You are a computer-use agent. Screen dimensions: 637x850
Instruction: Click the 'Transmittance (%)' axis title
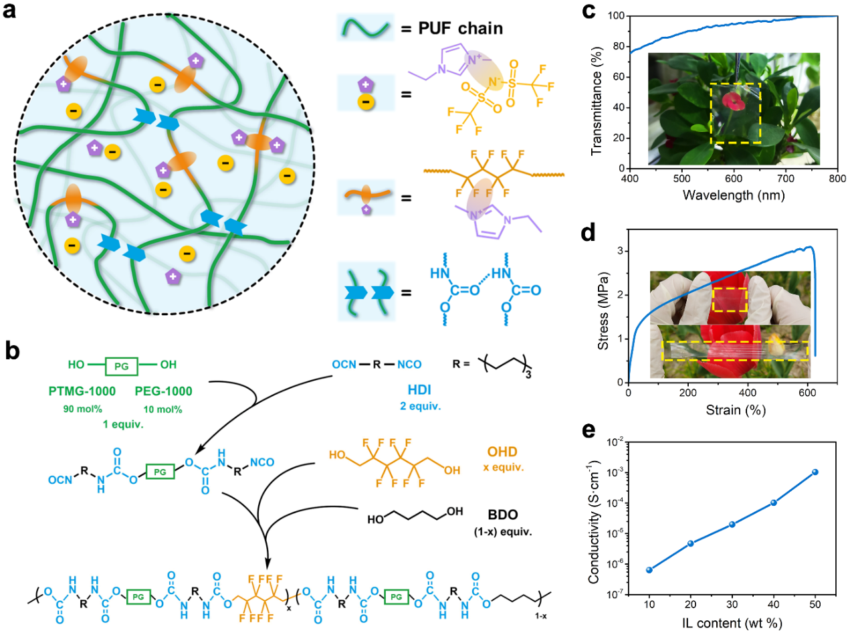click(x=600, y=92)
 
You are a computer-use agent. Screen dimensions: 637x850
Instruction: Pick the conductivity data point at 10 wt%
click(x=649, y=569)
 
